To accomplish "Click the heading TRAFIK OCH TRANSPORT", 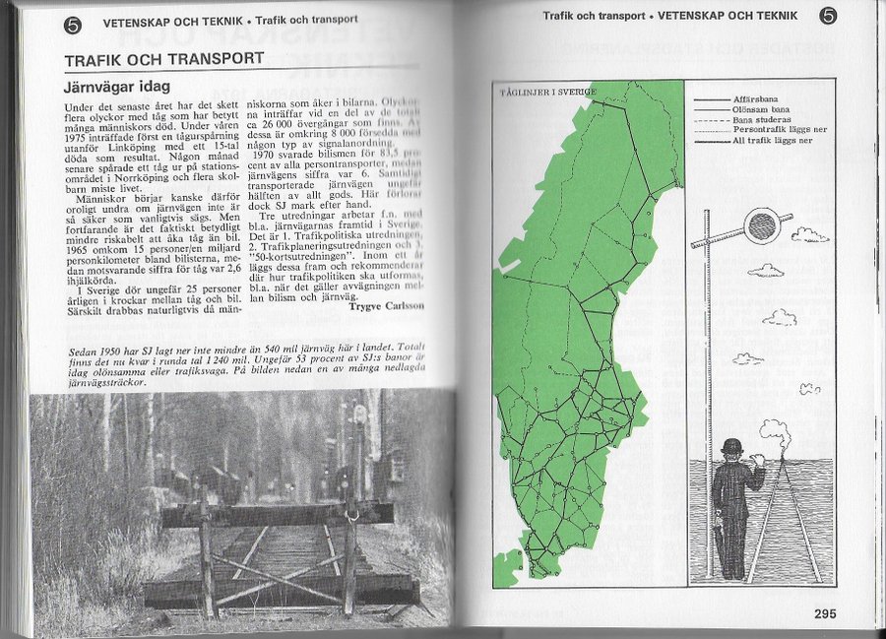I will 163,60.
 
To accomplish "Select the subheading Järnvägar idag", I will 116,87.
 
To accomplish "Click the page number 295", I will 825,613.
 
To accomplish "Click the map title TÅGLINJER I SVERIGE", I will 547,93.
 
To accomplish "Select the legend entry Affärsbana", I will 757,100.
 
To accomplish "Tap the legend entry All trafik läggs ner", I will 774,140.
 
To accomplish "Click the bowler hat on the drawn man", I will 730,446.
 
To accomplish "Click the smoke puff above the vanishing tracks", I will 774,430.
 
